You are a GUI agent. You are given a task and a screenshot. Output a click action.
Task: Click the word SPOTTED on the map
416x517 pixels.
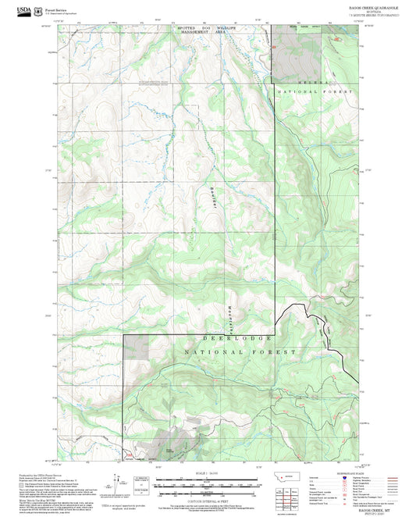(x=179, y=27)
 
